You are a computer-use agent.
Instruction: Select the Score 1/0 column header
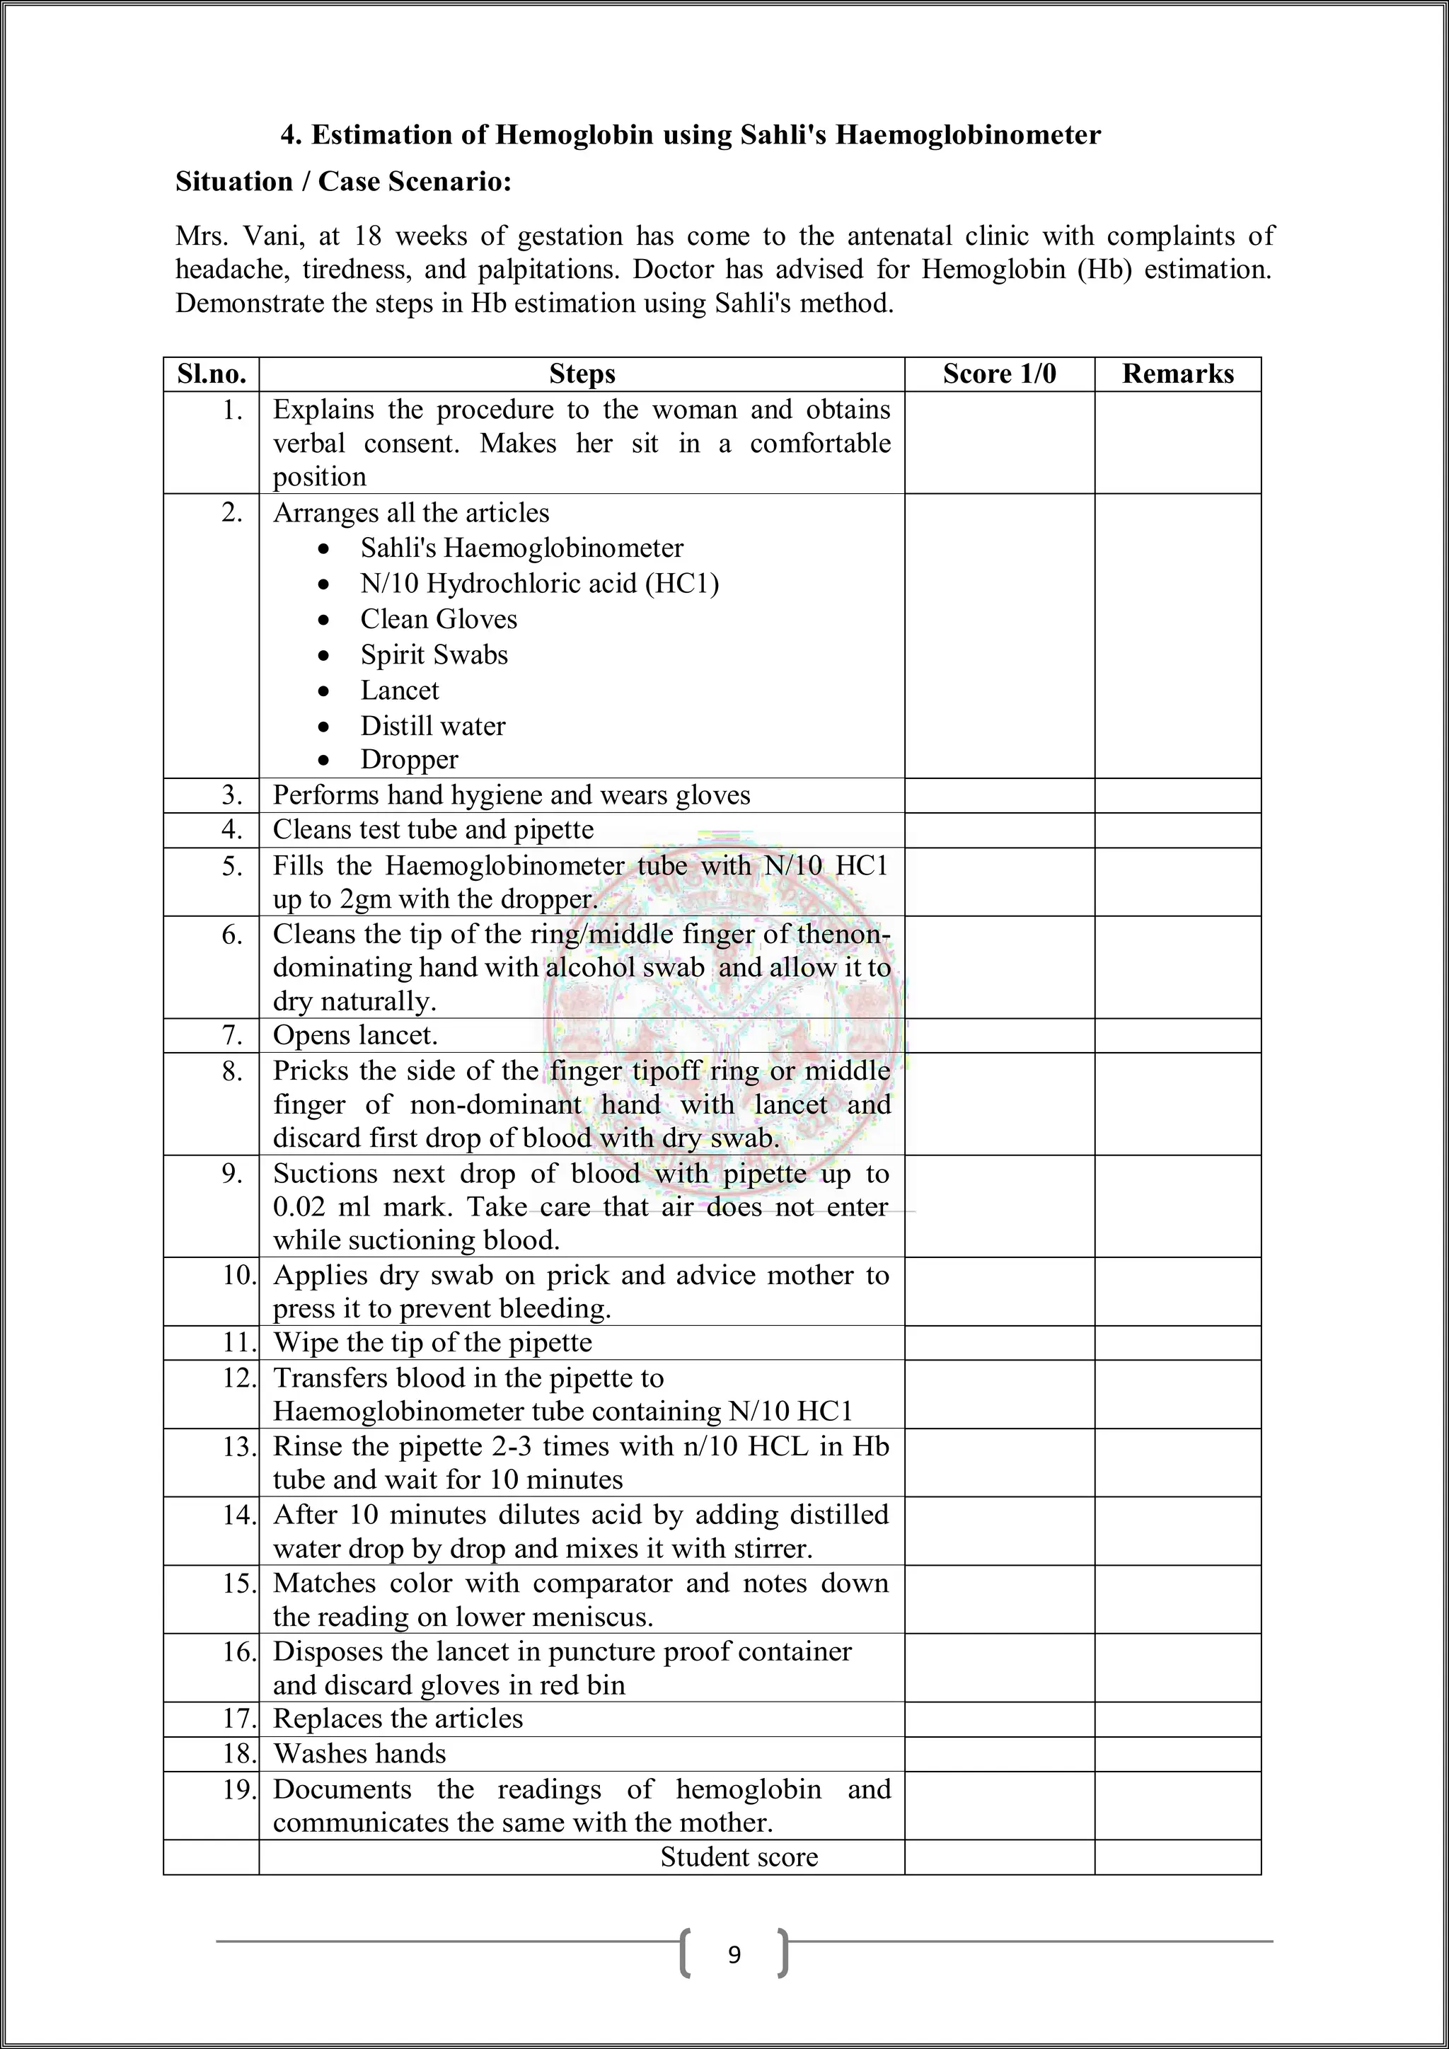998,374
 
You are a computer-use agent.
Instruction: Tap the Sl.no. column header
212,374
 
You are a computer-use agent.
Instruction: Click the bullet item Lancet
399,690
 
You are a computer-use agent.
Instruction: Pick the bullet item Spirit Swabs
434,654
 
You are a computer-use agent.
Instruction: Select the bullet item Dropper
409,759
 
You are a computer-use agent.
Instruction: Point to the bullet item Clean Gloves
438,618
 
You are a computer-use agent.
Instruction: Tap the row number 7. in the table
232,1035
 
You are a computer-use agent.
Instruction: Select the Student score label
739,1857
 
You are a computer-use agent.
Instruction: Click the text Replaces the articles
398,1718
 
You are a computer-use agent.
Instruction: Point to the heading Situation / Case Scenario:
344,181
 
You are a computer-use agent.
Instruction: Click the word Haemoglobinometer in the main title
968,134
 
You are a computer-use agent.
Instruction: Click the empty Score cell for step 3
998,795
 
